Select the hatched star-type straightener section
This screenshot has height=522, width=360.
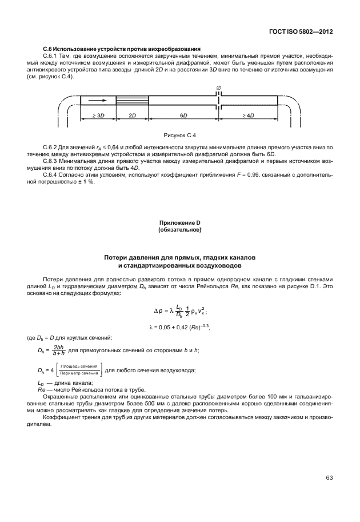pos(132,99)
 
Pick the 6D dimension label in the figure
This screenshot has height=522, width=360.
pos(183,115)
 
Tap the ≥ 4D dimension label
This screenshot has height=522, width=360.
pos(248,115)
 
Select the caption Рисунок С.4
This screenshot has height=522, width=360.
pos(180,135)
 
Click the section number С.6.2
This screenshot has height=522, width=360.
pos(52,148)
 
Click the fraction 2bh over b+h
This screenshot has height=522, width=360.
pos(58,350)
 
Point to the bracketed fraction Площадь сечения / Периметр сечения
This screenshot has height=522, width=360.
pos(79,369)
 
